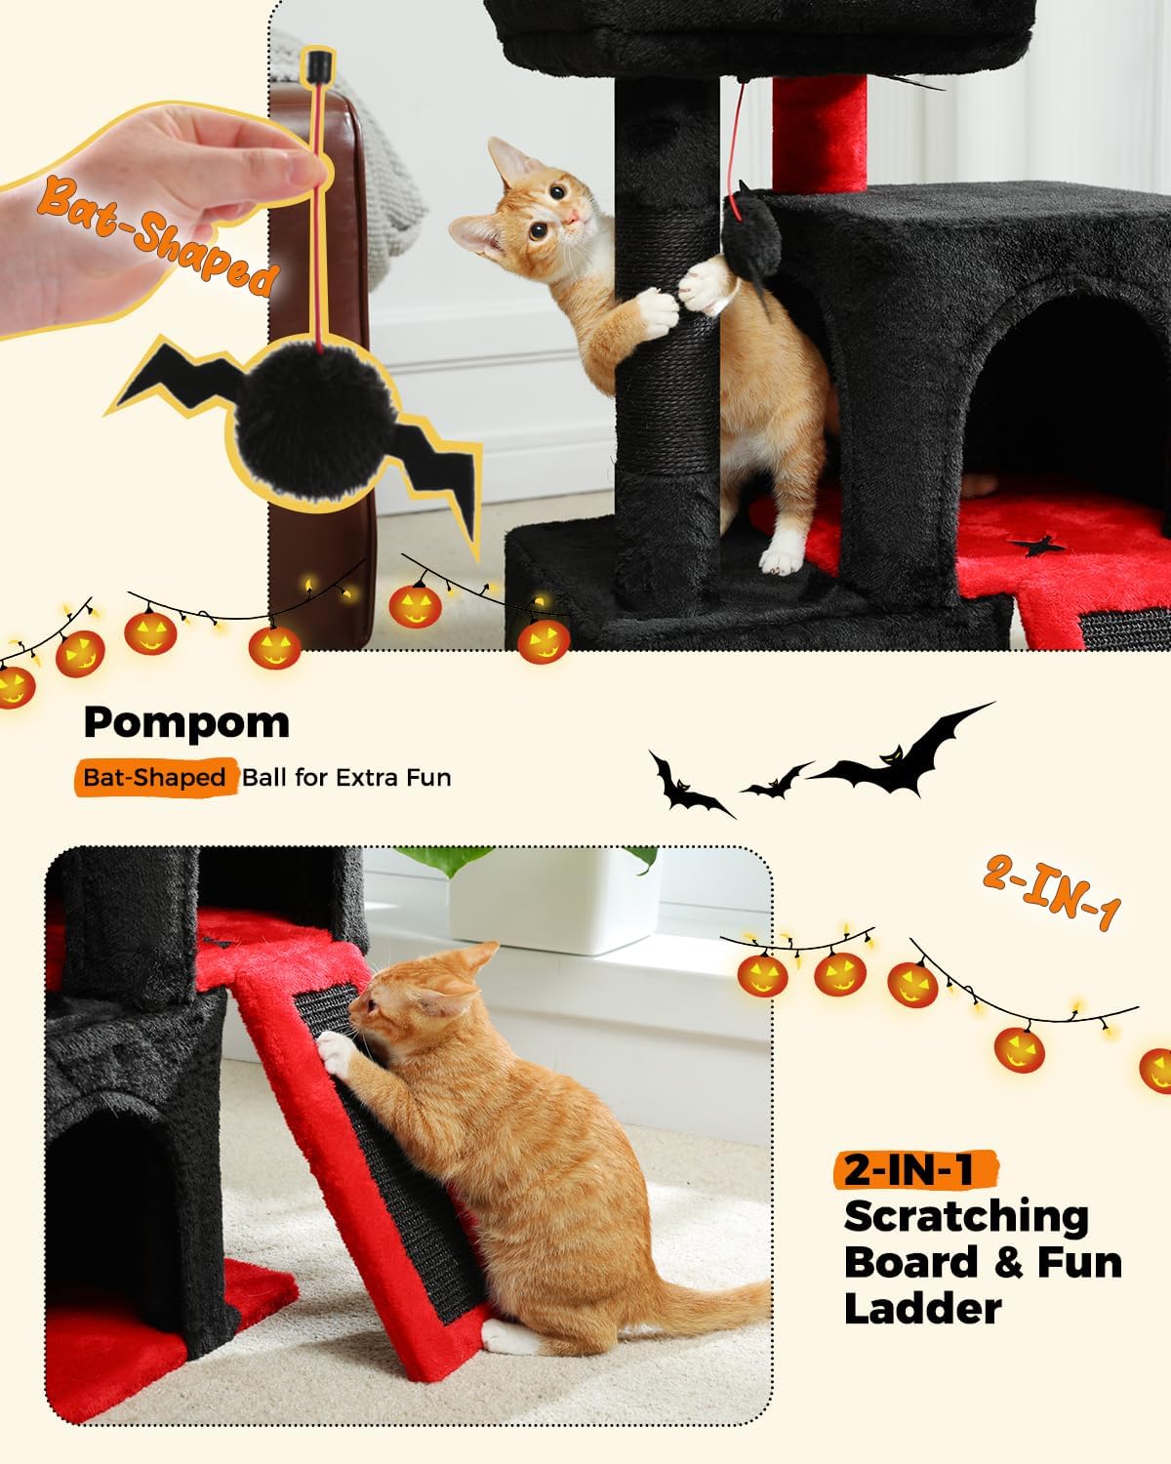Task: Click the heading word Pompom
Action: (186, 723)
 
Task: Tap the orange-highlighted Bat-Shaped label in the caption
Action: (154, 778)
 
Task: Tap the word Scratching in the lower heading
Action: (966, 1216)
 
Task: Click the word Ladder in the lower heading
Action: (922, 1308)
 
